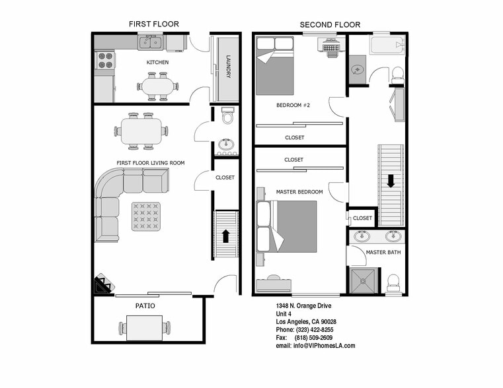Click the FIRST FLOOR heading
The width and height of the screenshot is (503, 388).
pyautogui.click(x=153, y=24)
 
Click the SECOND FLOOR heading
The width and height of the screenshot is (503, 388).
pyautogui.click(x=330, y=25)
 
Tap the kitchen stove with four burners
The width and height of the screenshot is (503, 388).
pyautogui.click(x=106, y=60)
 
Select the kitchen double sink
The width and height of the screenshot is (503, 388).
pyautogui.click(x=150, y=43)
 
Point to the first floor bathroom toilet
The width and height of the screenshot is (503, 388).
pyautogui.click(x=228, y=116)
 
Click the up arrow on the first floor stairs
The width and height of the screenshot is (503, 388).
pyautogui.click(x=225, y=236)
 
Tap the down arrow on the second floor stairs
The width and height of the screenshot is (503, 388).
pyautogui.click(x=391, y=180)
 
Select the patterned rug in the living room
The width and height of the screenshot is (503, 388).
pyautogui.click(x=145, y=216)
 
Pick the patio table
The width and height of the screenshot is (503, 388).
pyautogui.click(x=145, y=327)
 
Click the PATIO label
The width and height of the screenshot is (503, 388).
pyautogui.click(x=145, y=306)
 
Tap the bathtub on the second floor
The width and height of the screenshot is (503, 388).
pyautogui.click(x=386, y=46)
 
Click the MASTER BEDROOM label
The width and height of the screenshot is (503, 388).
pyautogui.click(x=299, y=192)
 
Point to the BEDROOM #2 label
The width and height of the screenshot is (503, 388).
pyautogui.click(x=293, y=106)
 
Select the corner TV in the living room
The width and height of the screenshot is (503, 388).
pyautogui.click(x=102, y=285)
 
